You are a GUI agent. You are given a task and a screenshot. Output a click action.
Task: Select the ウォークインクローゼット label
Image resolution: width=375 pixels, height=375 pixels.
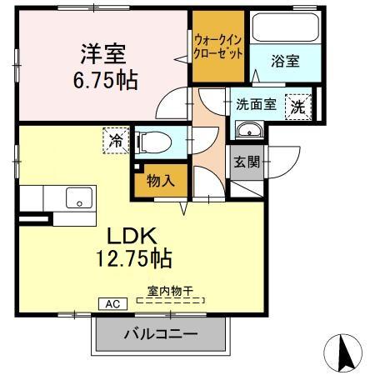pos(218,46)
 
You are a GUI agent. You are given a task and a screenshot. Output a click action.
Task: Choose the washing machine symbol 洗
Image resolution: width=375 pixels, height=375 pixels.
pos(296,106)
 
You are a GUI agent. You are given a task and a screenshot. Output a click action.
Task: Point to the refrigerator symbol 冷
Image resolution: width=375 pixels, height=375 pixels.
pos(115,139)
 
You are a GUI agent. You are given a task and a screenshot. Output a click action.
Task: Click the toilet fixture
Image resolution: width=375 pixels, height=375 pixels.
pos(154,141)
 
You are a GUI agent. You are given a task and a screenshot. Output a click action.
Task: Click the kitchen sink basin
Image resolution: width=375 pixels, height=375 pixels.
pos(80,199)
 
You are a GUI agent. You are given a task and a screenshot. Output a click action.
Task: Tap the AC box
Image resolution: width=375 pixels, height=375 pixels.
pos(112,304)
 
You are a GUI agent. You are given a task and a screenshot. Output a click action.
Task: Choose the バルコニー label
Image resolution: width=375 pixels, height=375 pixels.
pos(161,335)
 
